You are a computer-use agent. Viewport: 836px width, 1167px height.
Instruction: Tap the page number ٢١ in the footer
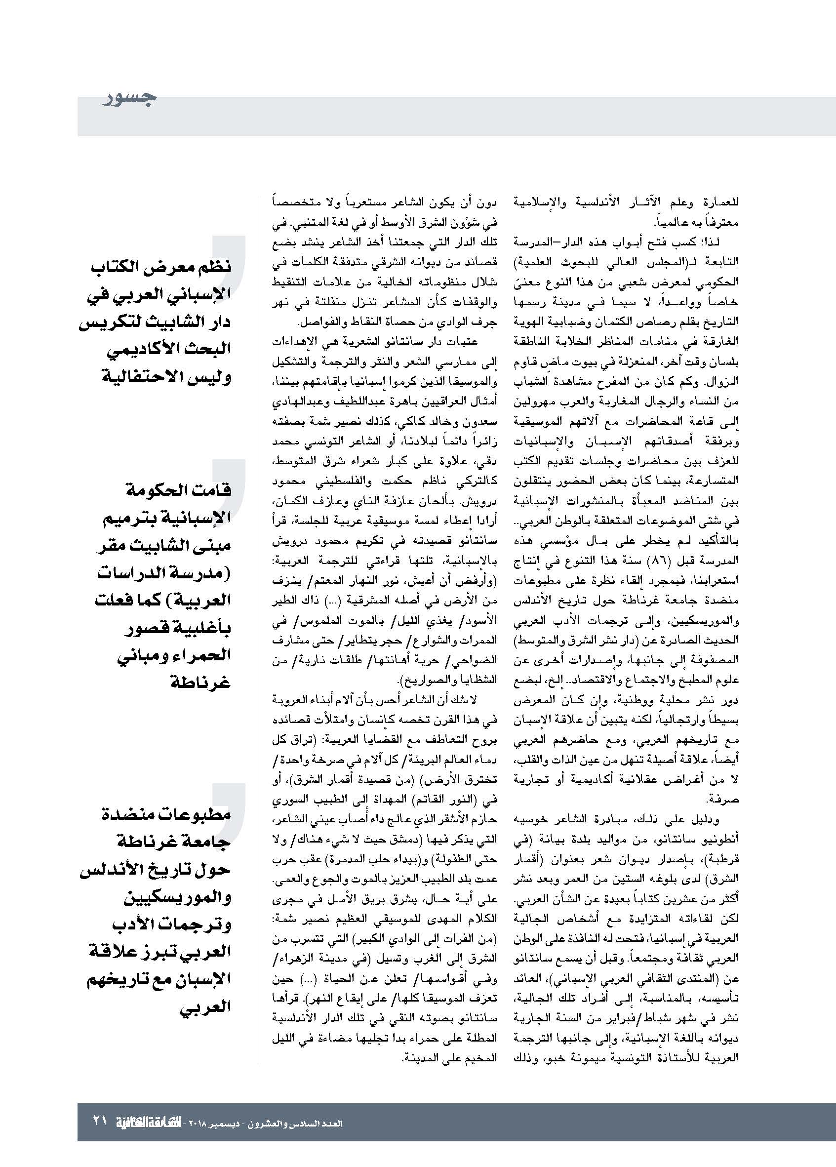(100, 1120)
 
